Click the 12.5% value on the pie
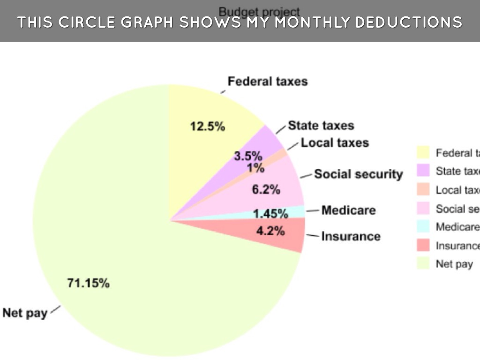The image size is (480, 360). pyautogui.click(x=207, y=127)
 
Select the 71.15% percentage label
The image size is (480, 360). pyautogui.click(x=89, y=283)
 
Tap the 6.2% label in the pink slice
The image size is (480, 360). pyautogui.click(x=266, y=190)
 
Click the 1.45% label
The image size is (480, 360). pyautogui.click(x=270, y=214)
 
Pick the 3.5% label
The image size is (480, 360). pyautogui.click(x=248, y=156)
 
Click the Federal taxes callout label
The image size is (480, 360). pyautogui.click(x=268, y=82)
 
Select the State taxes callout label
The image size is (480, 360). pyautogui.click(x=321, y=126)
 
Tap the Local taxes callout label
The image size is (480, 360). pyautogui.click(x=335, y=142)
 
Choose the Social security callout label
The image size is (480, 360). pyautogui.click(x=359, y=174)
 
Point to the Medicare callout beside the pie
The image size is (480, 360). pyautogui.click(x=349, y=210)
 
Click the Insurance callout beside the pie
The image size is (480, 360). pyautogui.click(x=351, y=236)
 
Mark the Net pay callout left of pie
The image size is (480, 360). pyautogui.click(x=25, y=313)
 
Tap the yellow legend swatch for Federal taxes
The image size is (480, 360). pyautogui.click(x=423, y=153)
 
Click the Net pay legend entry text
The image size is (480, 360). pyautogui.click(x=454, y=264)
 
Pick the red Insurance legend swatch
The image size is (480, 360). pyautogui.click(x=423, y=245)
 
